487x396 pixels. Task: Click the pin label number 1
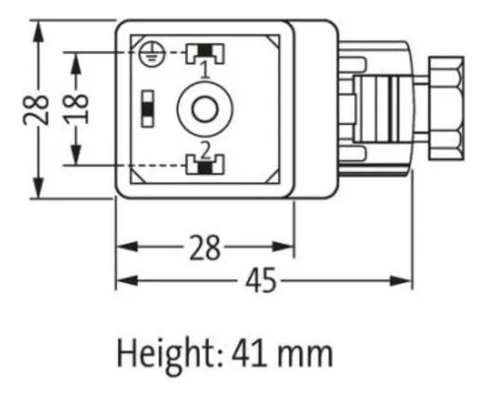pos(206,70)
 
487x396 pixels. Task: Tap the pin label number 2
pos(206,151)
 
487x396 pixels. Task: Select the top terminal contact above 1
pos(205,53)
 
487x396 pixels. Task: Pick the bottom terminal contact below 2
pos(205,164)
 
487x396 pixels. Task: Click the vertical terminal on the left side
pos(148,108)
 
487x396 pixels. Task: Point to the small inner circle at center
pos(205,109)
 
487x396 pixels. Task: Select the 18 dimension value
pos(76,109)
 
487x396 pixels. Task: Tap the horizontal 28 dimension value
pos(205,248)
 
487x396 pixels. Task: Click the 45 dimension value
pos(261,280)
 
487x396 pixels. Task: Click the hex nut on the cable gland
pos(447,108)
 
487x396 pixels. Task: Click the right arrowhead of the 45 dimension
pos(400,281)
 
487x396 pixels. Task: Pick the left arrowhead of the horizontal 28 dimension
pos(127,247)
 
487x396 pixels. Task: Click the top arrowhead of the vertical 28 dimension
pos(38,31)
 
